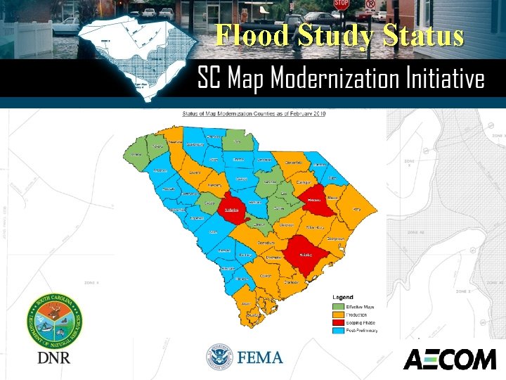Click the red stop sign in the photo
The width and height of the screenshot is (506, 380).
(341, 4)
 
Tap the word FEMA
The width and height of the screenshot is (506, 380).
(260, 357)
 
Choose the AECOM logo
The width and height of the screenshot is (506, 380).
(449, 359)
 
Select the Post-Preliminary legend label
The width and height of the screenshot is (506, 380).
(363, 330)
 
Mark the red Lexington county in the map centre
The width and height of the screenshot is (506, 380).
(231, 208)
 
